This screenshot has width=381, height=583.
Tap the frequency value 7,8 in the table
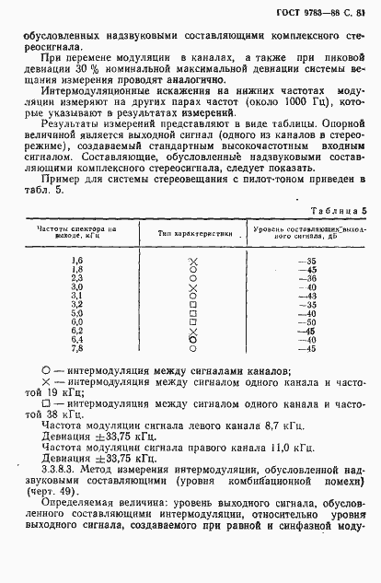click(77, 348)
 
